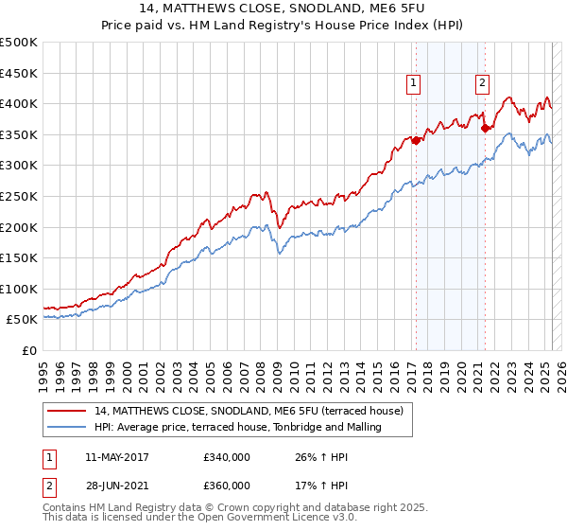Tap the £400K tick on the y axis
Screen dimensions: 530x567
tap(20, 103)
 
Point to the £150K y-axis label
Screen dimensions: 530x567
tap(20, 257)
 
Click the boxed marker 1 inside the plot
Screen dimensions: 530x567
tap(414, 83)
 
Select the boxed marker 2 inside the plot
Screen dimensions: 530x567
tap(482, 83)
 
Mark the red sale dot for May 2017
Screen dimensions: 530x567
tap(415, 139)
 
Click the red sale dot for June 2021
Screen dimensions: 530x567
tap(485, 127)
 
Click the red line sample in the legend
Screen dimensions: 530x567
tap(68, 411)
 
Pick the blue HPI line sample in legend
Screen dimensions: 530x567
tap(68, 427)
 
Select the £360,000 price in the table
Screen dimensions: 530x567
tap(226, 485)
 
